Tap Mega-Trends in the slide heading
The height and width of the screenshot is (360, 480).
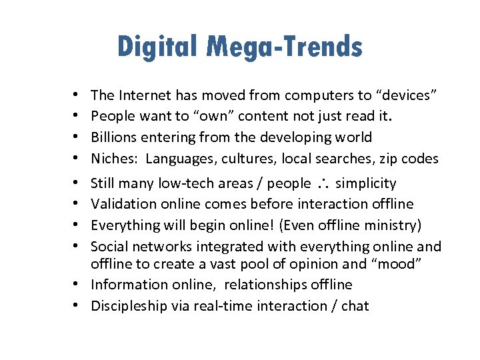(x=284, y=47)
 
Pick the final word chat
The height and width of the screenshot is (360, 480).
(x=355, y=306)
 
